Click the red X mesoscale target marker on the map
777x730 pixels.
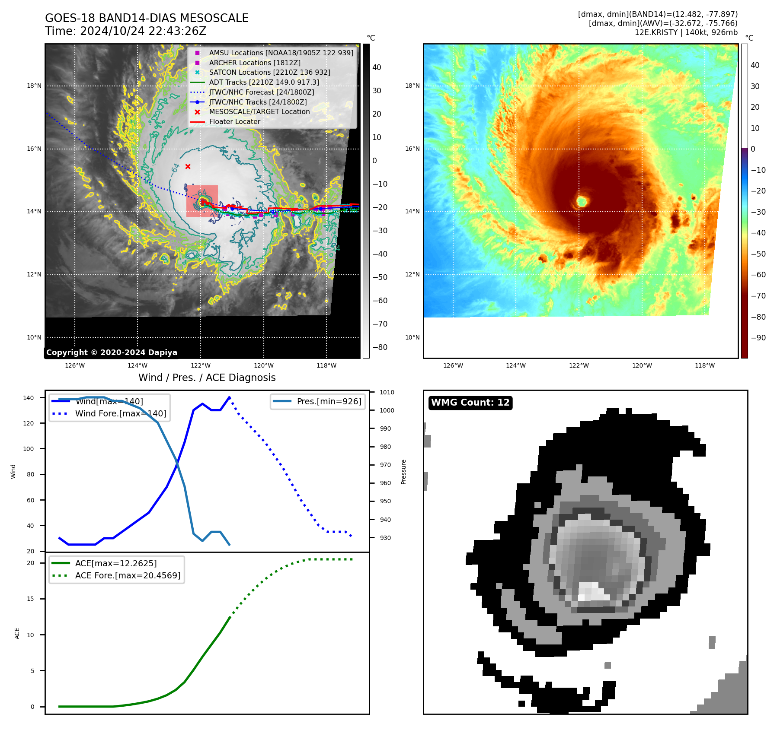pos(188,167)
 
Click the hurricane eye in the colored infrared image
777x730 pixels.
pos(582,201)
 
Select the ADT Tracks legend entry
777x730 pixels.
pos(264,82)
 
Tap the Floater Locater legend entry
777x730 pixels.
pos(234,121)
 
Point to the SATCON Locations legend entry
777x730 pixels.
pos(269,72)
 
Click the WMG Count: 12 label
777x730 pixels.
pos(470,403)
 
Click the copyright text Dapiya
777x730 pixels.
pos(112,352)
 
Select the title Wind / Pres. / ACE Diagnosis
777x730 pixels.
pos(207,378)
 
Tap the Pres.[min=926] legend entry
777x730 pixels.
pos(329,401)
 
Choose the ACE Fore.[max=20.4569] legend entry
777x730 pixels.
pos(128,575)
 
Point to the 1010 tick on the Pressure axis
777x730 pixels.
pos(387,392)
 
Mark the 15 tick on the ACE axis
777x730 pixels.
pos(30,599)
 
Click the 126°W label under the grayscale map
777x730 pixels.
pos(75,365)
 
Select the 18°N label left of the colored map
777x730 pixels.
pos(412,86)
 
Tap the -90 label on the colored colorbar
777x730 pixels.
pos(758,338)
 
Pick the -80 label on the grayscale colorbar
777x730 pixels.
pos(380,347)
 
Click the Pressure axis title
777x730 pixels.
pos(403,472)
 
